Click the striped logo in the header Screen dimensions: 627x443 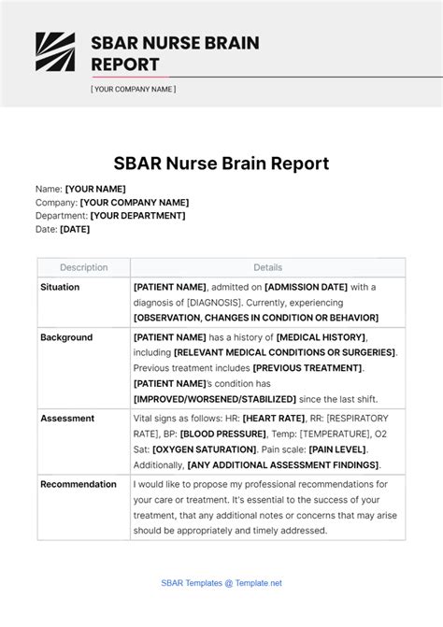[x=55, y=52]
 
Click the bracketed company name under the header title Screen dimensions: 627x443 [x=133, y=90]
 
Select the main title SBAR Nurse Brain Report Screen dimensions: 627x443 [x=221, y=164]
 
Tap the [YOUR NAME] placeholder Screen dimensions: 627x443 [x=95, y=189]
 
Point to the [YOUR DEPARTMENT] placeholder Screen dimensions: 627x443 [x=138, y=216]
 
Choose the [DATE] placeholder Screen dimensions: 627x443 [x=75, y=229]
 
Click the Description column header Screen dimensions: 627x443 [x=84, y=267]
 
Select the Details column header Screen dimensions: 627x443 [x=267, y=267]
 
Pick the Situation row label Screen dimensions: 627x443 [x=60, y=287]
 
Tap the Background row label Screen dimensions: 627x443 [x=65, y=337]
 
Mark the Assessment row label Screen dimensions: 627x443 [x=66, y=419]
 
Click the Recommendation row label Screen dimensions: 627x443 [x=79, y=484]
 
